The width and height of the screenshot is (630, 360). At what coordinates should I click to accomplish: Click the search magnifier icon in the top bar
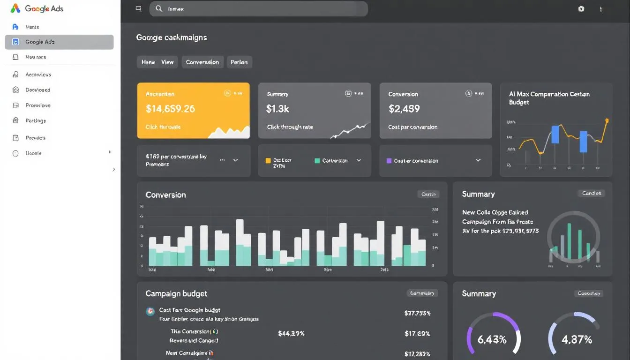159,8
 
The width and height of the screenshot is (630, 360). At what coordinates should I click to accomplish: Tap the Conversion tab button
202,62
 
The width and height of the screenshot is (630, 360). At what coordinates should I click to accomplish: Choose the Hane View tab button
157,62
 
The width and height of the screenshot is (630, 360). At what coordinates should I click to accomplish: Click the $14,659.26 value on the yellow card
170,109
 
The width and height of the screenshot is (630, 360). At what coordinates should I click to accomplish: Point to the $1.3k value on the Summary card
277,109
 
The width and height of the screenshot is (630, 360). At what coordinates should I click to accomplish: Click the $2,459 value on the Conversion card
404,109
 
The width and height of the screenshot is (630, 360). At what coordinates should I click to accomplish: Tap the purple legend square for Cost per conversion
389,160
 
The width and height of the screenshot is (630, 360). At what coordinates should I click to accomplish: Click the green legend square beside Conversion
317,160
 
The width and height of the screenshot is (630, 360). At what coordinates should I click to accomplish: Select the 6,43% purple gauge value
492,340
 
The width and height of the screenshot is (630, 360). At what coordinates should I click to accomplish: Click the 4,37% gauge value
577,340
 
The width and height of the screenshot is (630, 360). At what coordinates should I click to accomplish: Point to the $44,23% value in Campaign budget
291,334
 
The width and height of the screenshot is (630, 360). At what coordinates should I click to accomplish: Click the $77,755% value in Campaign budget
417,313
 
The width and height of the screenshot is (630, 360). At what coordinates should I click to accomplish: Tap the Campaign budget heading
176,293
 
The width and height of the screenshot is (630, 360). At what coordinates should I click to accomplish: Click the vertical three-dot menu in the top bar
601,9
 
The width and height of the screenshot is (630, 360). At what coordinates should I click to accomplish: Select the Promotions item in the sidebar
38,105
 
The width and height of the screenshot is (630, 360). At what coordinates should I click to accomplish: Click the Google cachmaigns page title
171,37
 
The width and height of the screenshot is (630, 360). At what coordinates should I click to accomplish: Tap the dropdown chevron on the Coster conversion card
478,160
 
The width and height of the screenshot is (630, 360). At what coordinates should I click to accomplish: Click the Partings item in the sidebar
36,120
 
